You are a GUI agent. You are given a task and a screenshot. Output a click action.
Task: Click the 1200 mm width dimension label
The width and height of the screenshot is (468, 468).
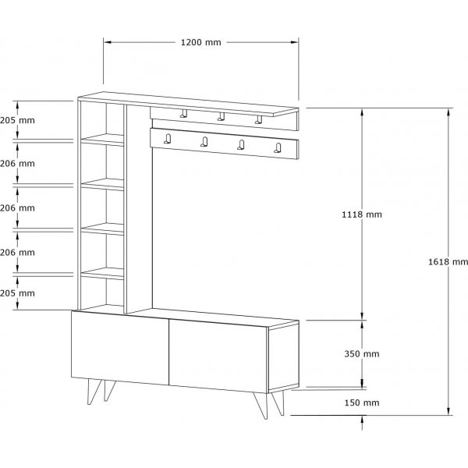pyautogui.click(x=201, y=42)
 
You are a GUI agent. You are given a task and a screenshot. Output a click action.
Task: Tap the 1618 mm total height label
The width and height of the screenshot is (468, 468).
pyautogui.click(x=448, y=262)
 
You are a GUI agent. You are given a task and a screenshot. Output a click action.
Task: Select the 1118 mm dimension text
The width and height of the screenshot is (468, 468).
pyautogui.click(x=362, y=214)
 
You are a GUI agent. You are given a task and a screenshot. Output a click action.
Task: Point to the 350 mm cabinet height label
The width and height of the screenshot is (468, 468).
pyautogui.click(x=362, y=353)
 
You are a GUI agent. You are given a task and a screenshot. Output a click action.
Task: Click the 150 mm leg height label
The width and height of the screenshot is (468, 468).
pyautogui.click(x=362, y=402)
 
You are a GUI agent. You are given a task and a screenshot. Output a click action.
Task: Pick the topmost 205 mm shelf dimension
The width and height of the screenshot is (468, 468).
pyautogui.click(x=17, y=120)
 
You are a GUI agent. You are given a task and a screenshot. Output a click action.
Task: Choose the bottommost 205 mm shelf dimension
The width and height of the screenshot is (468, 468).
pyautogui.click(x=17, y=293)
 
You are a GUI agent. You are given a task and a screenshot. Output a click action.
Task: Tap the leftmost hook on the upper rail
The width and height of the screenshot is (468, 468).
pyautogui.click(x=184, y=113)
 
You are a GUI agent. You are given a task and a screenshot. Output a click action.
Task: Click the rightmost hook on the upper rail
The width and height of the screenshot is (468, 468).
pyautogui.click(x=258, y=119)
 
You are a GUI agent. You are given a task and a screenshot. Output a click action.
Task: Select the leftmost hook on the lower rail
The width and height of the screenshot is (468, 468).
pyautogui.click(x=168, y=139)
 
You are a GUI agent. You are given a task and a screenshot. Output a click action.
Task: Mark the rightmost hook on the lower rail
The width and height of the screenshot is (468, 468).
pyautogui.click(x=278, y=147)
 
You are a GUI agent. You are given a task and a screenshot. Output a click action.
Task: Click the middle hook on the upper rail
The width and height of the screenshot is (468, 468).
pyautogui.click(x=221, y=116)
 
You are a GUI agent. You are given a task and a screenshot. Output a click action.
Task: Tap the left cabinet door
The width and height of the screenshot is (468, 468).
pyautogui.click(x=120, y=348)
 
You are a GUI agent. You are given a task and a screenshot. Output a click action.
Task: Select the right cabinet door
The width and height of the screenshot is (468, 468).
pyautogui.click(x=218, y=356)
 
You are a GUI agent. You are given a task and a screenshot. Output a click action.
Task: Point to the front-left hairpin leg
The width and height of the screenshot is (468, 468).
pyautogui.click(x=94, y=392)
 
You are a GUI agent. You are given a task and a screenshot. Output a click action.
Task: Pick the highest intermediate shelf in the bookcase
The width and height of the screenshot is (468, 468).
pyautogui.click(x=102, y=140)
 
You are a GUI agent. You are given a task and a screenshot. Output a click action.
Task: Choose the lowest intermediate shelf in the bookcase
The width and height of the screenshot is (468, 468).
pyautogui.click(x=102, y=274)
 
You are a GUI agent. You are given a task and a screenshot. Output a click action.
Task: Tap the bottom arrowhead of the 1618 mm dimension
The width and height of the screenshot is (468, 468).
pyautogui.click(x=448, y=411)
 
